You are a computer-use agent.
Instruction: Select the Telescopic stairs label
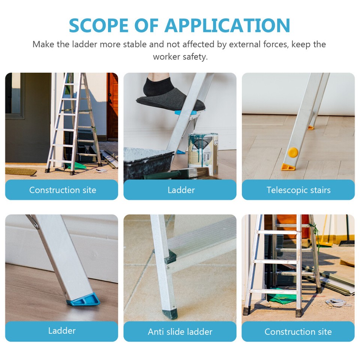[298, 190]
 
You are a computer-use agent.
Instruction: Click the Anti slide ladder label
[180, 331]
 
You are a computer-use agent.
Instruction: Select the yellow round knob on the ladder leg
[293, 152]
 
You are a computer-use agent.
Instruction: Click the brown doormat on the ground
[20, 171]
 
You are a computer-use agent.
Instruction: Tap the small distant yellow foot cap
[311, 128]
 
